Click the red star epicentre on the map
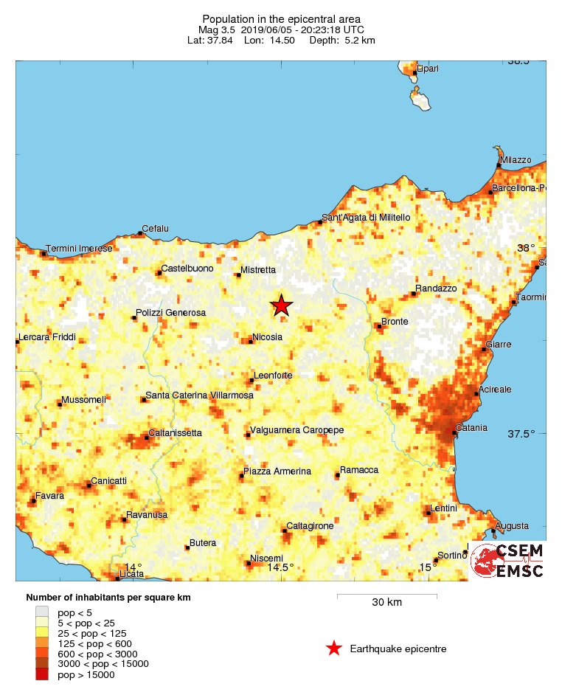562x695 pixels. click(x=281, y=305)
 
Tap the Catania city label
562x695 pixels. click(x=471, y=428)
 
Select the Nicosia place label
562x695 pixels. click(x=267, y=337)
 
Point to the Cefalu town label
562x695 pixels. click(x=155, y=229)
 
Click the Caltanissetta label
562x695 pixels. click(x=176, y=433)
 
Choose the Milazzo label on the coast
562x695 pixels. click(x=516, y=160)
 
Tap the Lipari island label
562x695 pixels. click(x=428, y=69)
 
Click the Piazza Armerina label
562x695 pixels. click(x=277, y=471)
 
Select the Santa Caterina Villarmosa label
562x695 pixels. click(x=199, y=395)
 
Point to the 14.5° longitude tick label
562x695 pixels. click(x=280, y=567)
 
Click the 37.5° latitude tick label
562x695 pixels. click(x=521, y=434)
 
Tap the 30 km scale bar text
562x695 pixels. click(x=386, y=603)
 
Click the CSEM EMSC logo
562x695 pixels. click(x=507, y=561)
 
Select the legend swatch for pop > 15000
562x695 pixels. click(x=43, y=674)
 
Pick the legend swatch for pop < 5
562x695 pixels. click(x=43, y=612)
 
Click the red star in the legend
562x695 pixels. click(x=334, y=649)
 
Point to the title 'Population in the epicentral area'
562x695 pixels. click(x=281, y=18)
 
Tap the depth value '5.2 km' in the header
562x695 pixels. click(x=359, y=40)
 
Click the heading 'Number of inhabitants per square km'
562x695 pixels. click(x=108, y=598)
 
